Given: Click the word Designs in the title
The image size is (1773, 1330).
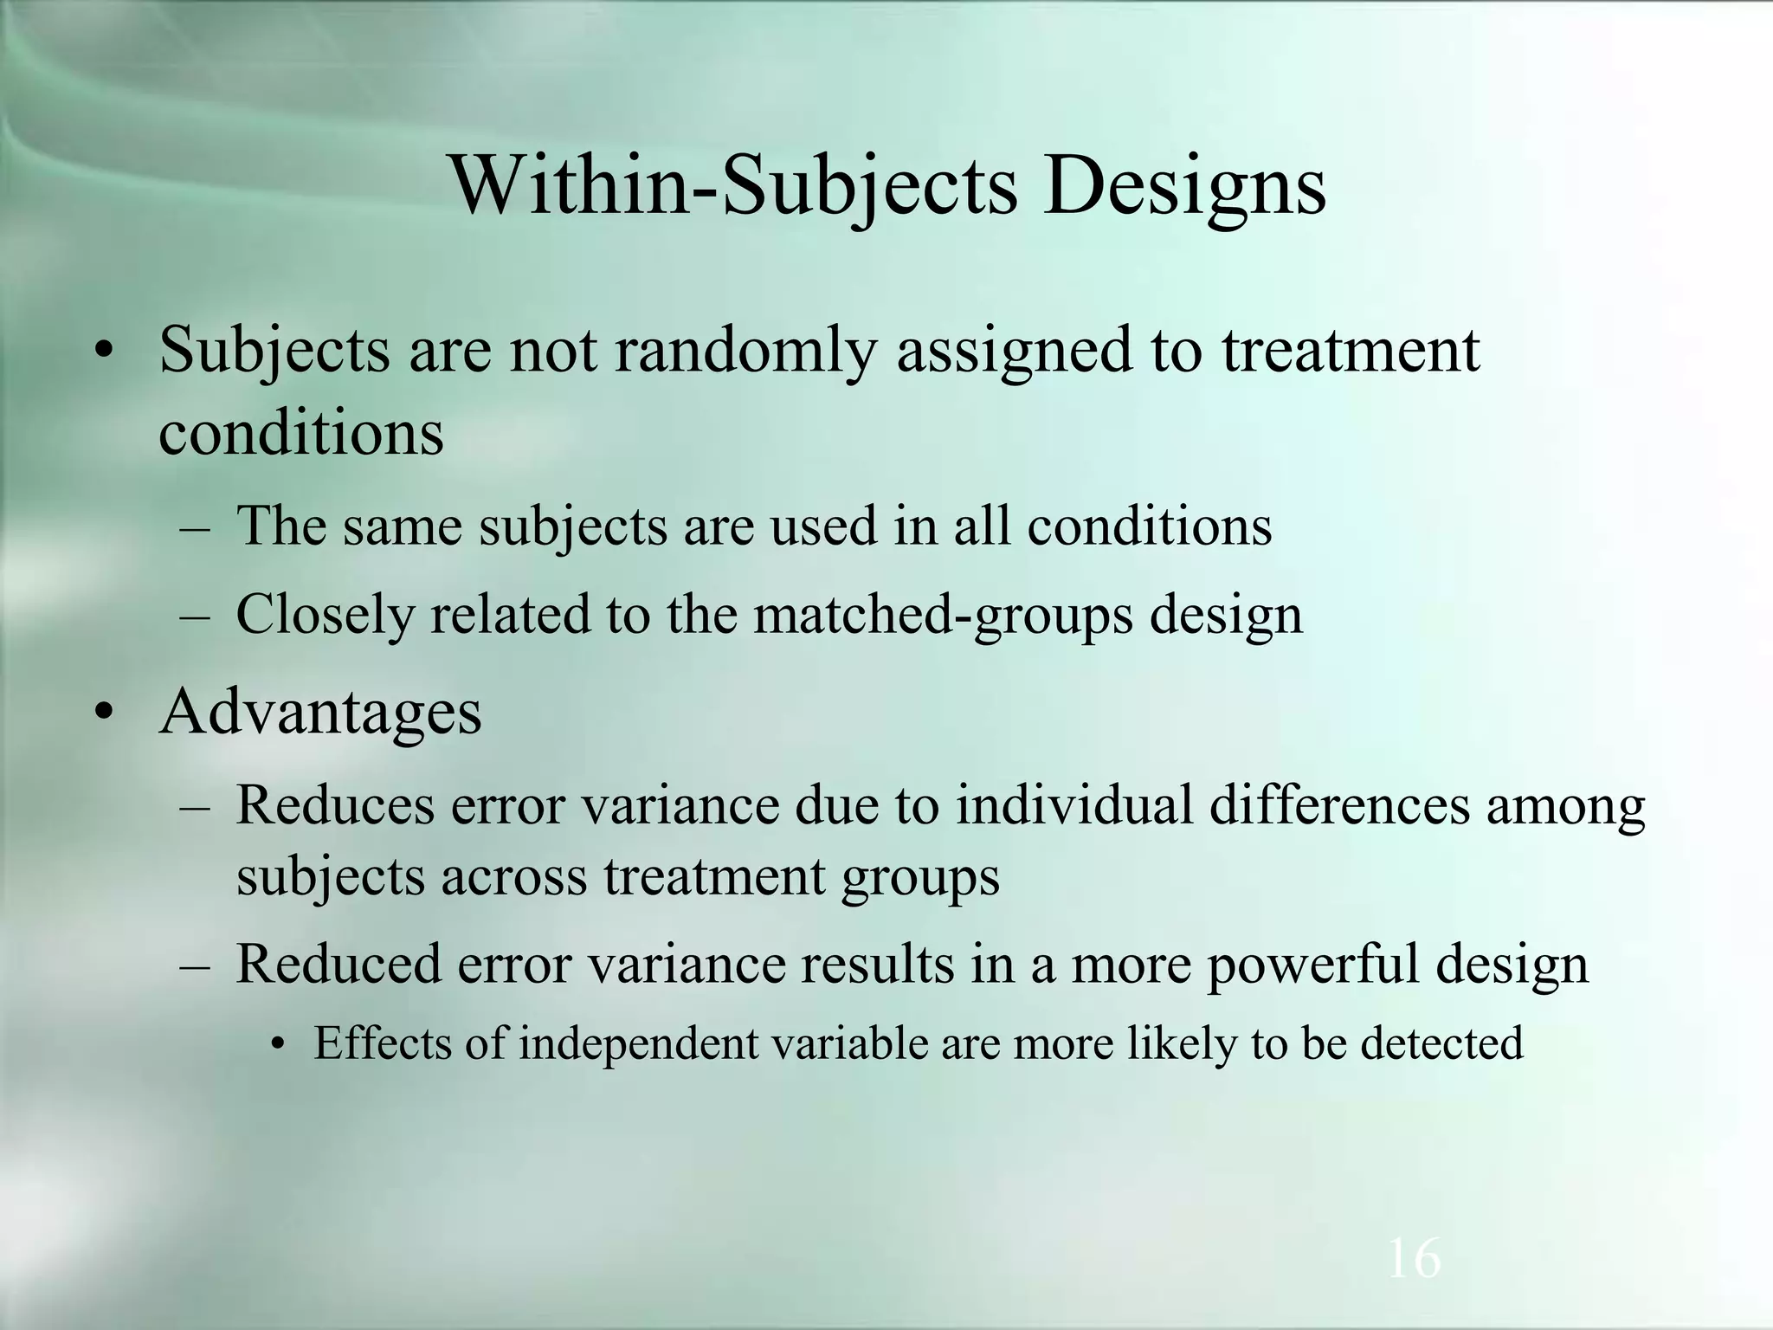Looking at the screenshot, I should pyautogui.click(x=1184, y=186).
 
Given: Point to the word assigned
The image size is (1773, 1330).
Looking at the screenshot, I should pyautogui.click(x=1014, y=351).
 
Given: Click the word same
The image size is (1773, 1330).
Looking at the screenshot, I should pyautogui.click(x=403, y=526).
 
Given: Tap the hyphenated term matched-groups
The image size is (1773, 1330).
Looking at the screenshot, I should pyautogui.click(x=943, y=616).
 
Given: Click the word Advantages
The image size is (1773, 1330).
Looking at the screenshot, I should pyautogui.click(x=320, y=712).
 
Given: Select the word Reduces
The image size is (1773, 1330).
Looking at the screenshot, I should pyautogui.click(x=335, y=805).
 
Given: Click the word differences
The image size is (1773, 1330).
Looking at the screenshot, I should pyautogui.click(x=1338, y=805).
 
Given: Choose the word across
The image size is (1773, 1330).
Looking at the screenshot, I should pyautogui.click(x=513, y=876).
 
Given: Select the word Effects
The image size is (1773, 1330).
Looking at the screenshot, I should pyautogui.click(x=381, y=1043).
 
